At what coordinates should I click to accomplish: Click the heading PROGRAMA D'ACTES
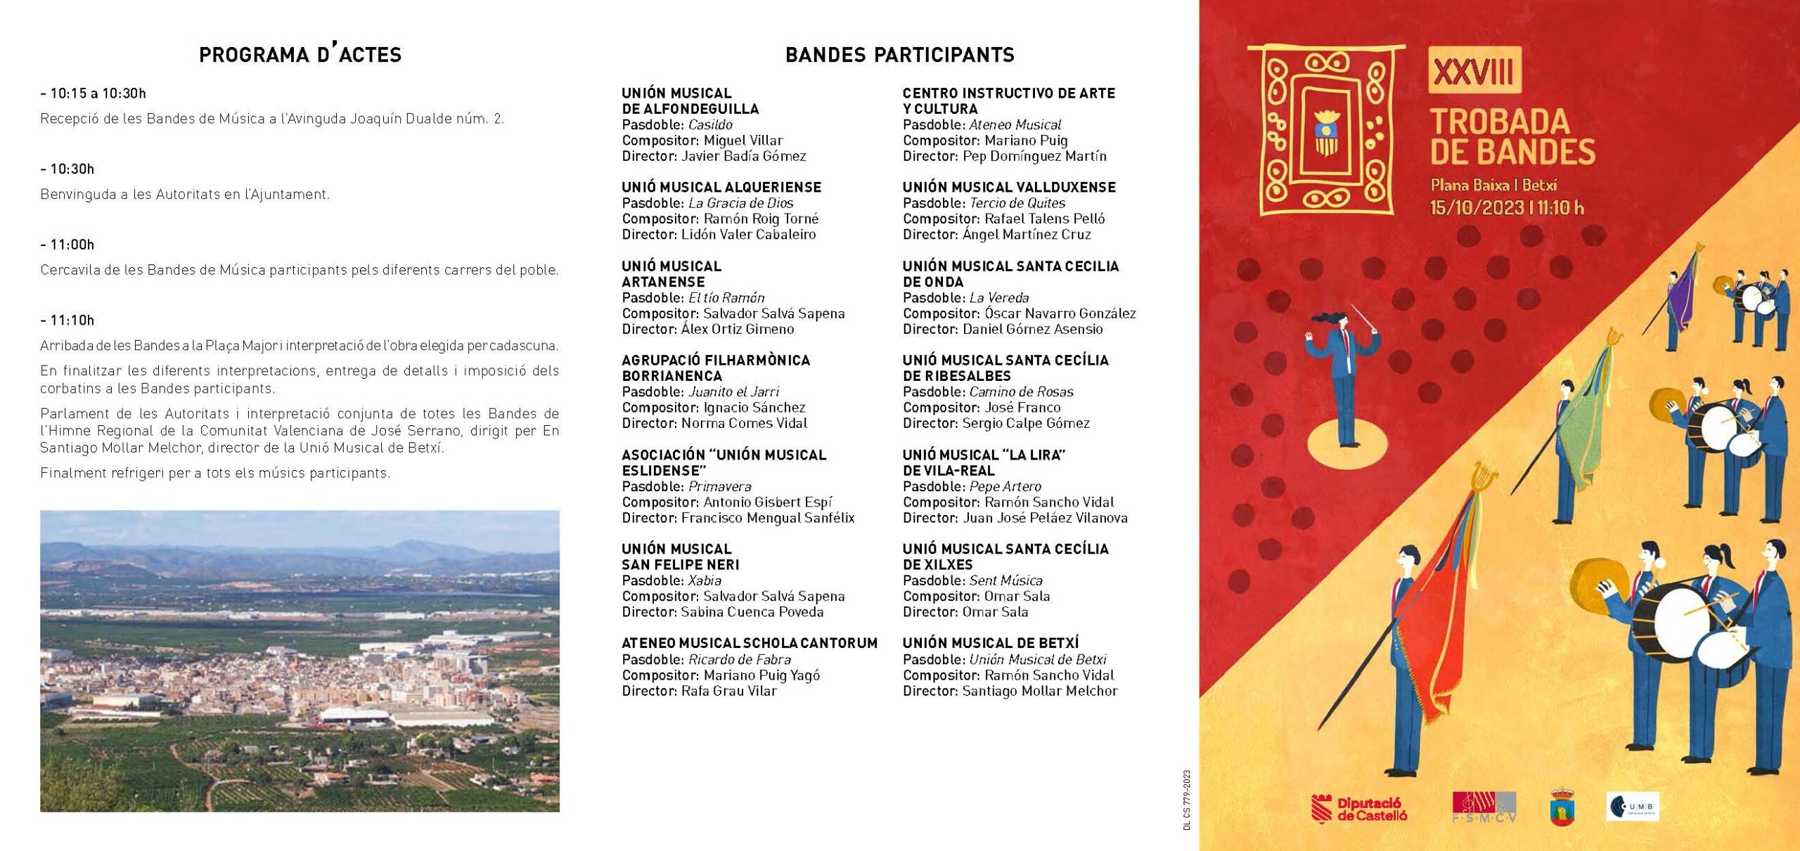coord(300,55)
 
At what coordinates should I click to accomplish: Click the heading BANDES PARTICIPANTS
coord(899,55)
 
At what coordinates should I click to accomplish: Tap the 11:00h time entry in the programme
coord(68,245)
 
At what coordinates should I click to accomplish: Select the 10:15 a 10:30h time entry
coord(94,93)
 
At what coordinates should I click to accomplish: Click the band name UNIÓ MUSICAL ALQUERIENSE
coord(721,187)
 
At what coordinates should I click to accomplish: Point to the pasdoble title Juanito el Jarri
coord(733,391)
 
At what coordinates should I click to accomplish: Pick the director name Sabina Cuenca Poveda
coord(752,612)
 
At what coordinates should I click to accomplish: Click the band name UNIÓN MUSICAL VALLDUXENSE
coord(1009,187)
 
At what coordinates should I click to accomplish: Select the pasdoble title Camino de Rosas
coord(1021,391)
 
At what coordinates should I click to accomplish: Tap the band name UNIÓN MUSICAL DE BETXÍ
coord(990,643)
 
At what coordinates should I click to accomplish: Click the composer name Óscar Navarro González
coord(1060,313)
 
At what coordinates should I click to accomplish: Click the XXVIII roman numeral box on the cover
coord(1474,70)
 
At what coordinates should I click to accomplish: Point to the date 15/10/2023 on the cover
coord(1476,208)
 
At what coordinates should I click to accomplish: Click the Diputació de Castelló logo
coord(1359,808)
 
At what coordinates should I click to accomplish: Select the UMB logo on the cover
coord(1632,807)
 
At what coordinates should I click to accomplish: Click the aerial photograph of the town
coord(300,661)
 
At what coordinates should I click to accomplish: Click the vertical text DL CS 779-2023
coord(1187,800)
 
